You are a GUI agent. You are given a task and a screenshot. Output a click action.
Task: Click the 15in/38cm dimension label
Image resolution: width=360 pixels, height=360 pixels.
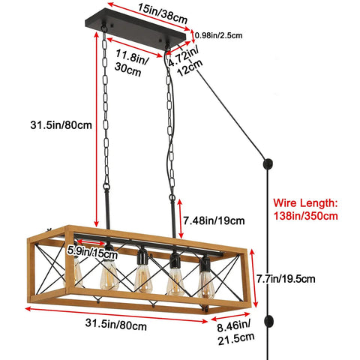(162, 13)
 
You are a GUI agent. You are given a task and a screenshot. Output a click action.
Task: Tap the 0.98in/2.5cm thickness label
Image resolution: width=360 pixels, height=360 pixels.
(219, 35)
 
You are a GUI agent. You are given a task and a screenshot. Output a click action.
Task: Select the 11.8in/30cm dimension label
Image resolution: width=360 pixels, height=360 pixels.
(131, 62)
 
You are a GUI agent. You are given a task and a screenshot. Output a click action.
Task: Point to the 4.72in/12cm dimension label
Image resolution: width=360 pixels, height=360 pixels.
(185, 61)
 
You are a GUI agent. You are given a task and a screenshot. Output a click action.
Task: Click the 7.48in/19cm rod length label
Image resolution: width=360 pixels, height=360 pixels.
(214, 220)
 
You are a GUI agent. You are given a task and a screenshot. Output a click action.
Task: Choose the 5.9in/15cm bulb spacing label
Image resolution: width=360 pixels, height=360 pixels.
(92, 252)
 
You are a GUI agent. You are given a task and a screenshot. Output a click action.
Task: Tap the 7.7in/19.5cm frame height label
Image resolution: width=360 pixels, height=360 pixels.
(286, 278)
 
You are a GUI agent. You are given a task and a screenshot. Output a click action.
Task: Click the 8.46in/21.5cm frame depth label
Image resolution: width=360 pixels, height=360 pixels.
(235, 332)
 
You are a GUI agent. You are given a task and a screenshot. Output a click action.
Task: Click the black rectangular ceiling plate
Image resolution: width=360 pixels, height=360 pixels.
(136, 28)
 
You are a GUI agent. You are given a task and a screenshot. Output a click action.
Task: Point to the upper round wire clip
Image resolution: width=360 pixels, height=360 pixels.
(268, 164)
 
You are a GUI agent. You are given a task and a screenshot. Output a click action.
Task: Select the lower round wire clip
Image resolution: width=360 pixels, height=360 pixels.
(269, 321)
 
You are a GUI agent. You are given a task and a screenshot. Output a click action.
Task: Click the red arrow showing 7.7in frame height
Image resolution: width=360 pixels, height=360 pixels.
(253, 278)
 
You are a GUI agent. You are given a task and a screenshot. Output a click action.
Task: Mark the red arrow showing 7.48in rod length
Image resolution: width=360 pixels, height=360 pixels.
(180, 219)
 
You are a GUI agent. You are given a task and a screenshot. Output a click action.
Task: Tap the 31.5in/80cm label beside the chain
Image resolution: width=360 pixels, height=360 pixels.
(61, 125)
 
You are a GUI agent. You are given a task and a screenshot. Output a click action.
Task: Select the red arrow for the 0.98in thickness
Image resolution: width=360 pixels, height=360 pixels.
(193, 36)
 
